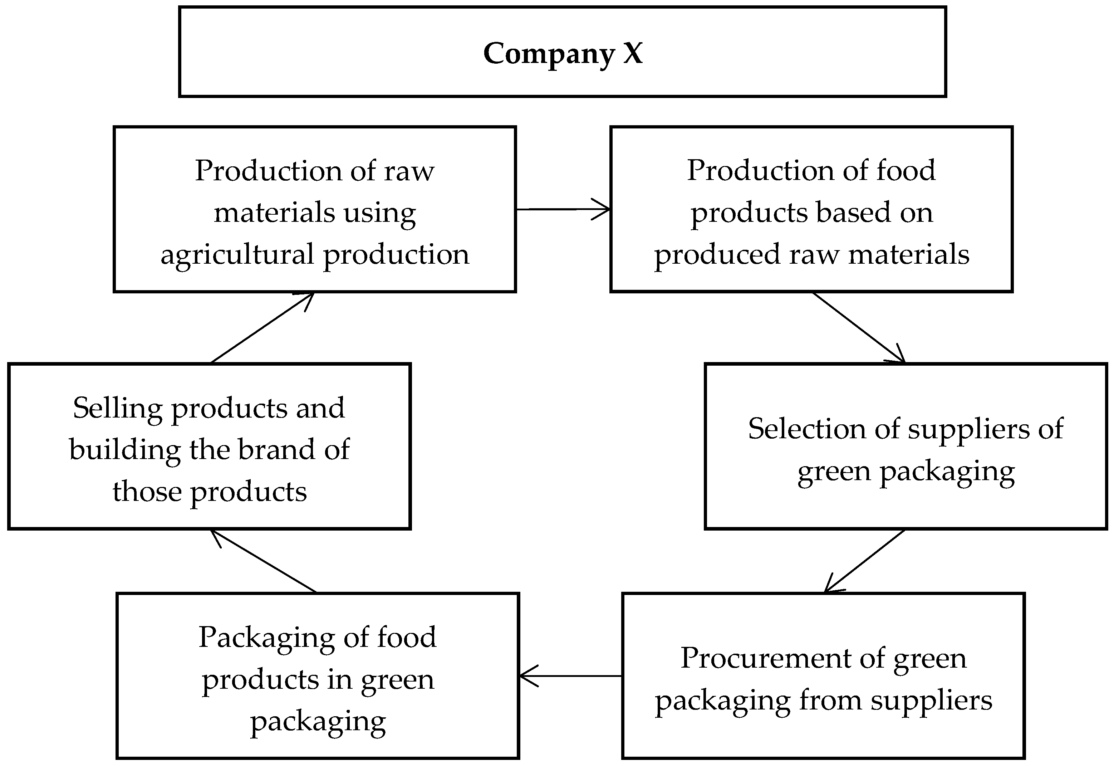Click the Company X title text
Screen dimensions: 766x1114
click(x=562, y=53)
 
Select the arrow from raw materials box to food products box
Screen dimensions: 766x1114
click(x=562, y=209)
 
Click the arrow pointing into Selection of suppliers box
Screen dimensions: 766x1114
click(x=859, y=327)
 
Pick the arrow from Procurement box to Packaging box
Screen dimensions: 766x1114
click(x=571, y=676)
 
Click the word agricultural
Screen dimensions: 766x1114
click(x=237, y=255)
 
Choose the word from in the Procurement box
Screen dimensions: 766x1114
click(x=830, y=700)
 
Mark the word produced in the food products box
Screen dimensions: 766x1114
click(x=717, y=255)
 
